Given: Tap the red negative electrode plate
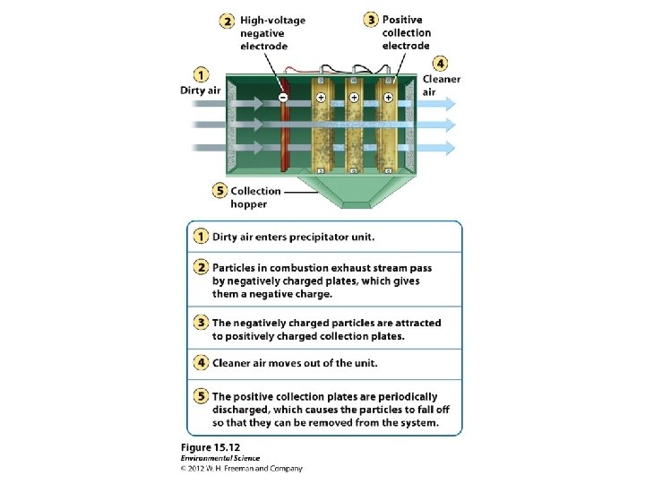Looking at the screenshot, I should point(283,134).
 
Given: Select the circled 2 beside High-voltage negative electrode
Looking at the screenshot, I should point(228,21).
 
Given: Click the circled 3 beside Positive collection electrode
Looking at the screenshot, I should point(370,20).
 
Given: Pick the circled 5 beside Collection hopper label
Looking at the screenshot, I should point(219,191).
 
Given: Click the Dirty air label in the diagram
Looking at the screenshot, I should point(200,90).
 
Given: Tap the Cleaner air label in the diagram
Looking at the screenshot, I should point(442,85).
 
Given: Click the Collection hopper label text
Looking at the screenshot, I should point(256,197).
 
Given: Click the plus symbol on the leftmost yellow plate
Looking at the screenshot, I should point(321,96).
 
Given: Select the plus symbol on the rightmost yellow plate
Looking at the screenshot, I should point(388,96).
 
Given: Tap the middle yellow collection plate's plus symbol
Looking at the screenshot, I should point(354,96).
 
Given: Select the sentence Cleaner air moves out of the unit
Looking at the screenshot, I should point(295,363).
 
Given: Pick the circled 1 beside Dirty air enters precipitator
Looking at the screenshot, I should point(201,237).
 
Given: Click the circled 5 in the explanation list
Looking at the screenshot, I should point(201,396).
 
